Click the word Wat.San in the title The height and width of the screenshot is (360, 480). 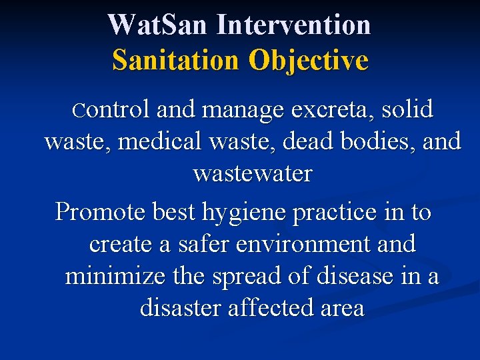pos(158,25)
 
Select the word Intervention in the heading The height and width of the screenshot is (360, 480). pos(294,25)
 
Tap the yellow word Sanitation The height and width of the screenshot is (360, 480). pos(175,60)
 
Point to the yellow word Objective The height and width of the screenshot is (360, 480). pos(308,60)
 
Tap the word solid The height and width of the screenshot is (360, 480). pos(407,109)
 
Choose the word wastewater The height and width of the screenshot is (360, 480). pos(252,173)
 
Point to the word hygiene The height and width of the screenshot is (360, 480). pos(231,213)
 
